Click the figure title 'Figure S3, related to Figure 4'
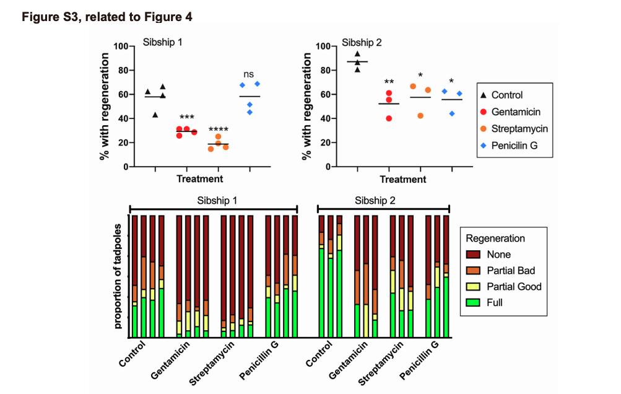[107, 17]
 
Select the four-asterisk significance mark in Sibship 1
[218, 128]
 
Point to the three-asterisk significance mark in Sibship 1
[186, 117]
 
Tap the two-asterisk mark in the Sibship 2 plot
[389, 83]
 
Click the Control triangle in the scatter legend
[485, 95]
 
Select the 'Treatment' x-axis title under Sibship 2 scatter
[403, 179]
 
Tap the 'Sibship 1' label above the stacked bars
[214, 201]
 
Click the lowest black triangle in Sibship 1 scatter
[155, 115]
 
